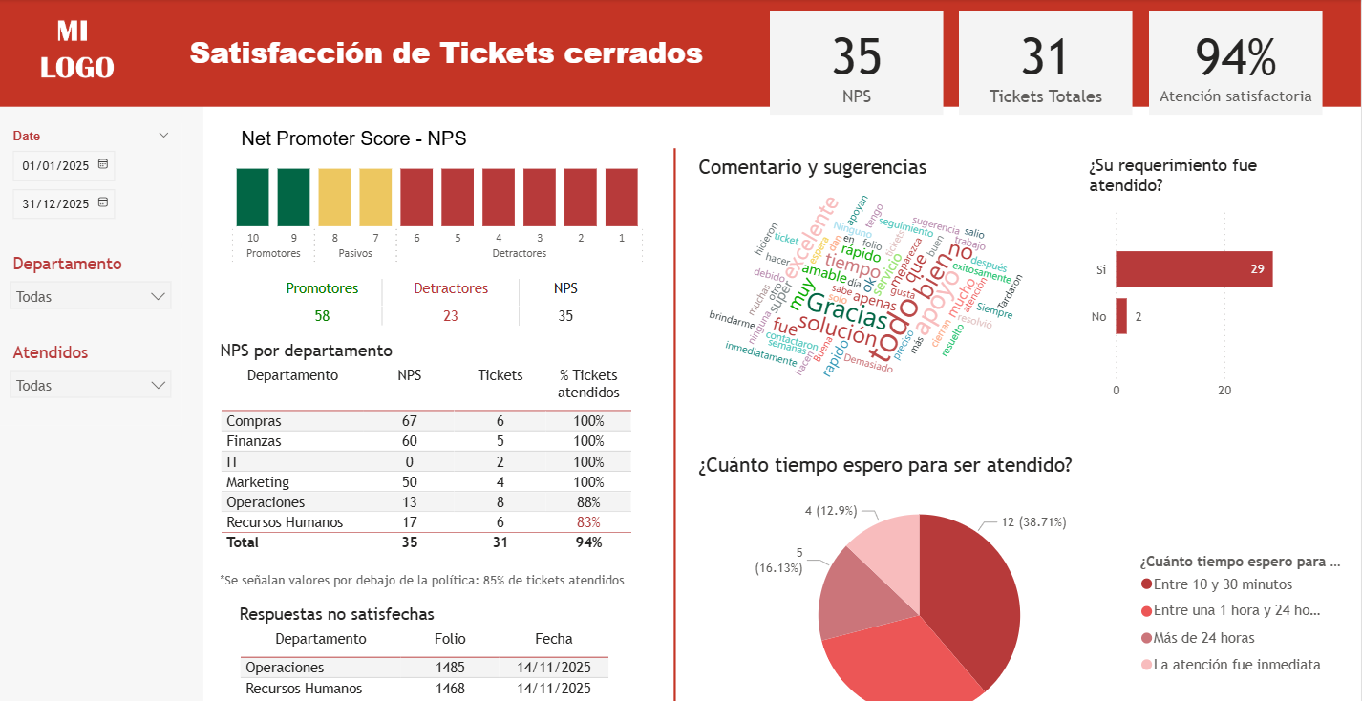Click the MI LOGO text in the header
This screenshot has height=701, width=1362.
tap(76, 50)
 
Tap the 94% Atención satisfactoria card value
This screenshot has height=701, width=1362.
tap(1235, 57)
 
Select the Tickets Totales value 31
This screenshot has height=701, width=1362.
tap(1044, 57)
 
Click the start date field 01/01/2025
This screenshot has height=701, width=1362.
tap(55, 165)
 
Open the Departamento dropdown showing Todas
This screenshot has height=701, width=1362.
tap(91, 296)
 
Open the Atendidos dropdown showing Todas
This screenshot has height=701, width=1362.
tap(91, 386)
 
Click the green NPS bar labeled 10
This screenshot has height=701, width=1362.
tap(252, 197)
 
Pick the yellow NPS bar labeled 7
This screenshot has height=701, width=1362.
tap(375, 197)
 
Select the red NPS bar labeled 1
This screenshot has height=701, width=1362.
tap(622, 197)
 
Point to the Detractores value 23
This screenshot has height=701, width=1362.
tap(451, 315)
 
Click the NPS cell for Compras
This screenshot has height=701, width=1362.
tap(409, 421)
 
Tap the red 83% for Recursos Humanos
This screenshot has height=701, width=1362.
tap(588, 522)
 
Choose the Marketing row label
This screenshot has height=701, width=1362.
tap(258, 482)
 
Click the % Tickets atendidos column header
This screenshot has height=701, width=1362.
tap(588, 384)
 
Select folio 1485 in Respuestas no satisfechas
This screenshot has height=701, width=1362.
tap(450, 668)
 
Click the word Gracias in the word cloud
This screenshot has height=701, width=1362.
tap(846, 308)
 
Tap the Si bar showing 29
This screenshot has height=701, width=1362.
tap(1194, 269)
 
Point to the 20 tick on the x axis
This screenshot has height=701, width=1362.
tap(1224, 390)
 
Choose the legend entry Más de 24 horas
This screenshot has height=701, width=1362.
tap(1203, 638)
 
